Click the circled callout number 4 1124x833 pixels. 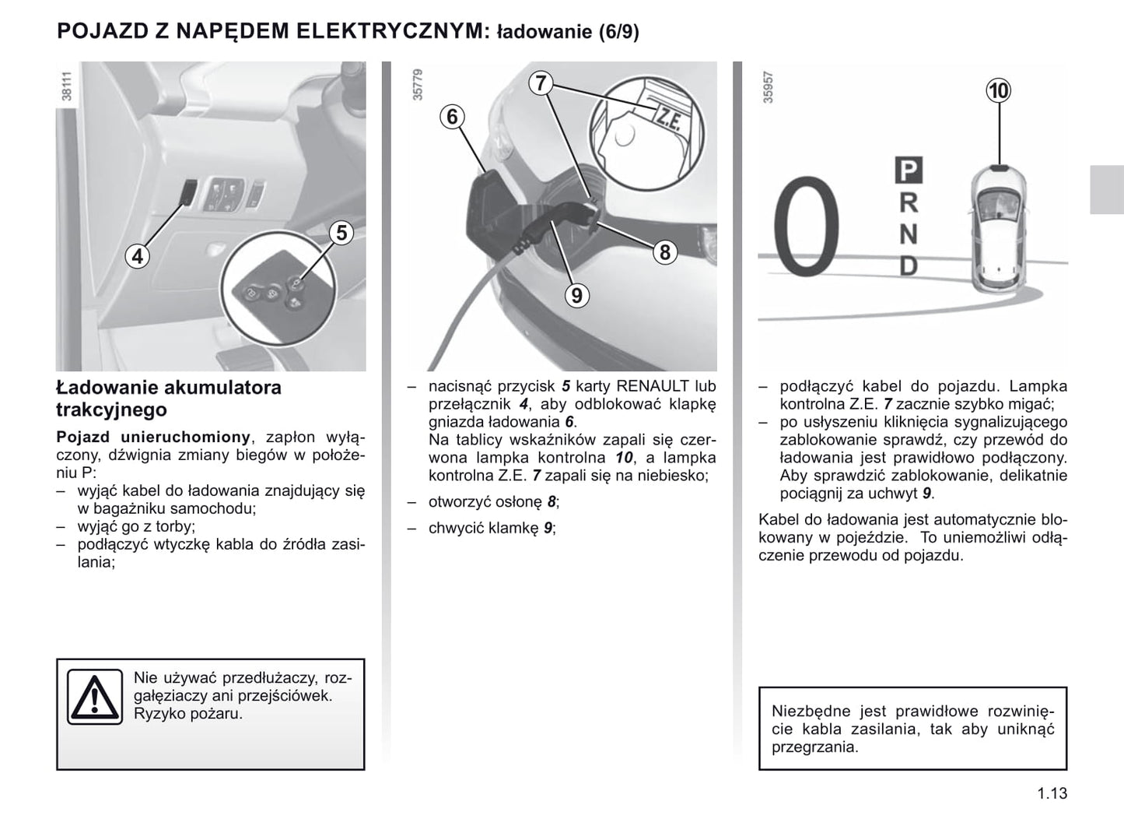pyautogui.click(x=138, y=255)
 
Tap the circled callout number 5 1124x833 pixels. pyautogui.click(x=341, y=232)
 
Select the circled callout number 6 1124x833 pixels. pyautogui.click(x=452, y=117)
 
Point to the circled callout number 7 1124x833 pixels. pyautogui.click(x=541, y=83)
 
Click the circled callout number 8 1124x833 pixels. pyautogui.click(x=665, y=251)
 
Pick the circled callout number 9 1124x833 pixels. pyautogui.click(x=576, y=295)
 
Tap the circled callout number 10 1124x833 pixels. pyautogui.click(x=998, y=91)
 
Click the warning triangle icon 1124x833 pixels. pyautogui.click(x=94, y=697)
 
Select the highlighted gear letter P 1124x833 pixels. pyautogui.click(x=909, y=170)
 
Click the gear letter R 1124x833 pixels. pyautogui.click(x=909, y=202)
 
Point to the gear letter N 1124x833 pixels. pyautogui.click(x=909, y=234)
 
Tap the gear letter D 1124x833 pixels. pyautogui.click(x=909, y=265)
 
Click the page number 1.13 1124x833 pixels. pyautogui.click(x=1052, y=793)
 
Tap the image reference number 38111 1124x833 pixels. pyautogui.click(x=67, y=86)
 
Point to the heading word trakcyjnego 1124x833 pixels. pyautogui.click(x=111, y=409)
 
